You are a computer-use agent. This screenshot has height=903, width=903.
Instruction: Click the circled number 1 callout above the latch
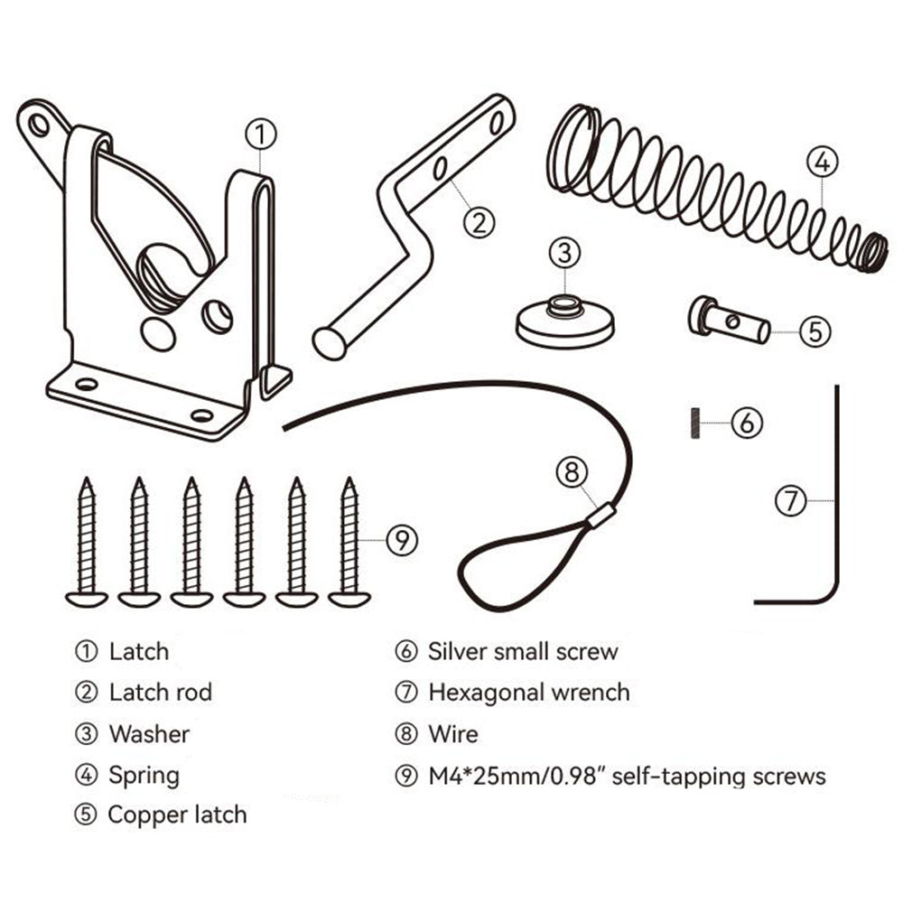tap(260, 135)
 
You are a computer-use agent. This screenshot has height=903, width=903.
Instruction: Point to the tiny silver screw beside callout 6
tap(695, 423)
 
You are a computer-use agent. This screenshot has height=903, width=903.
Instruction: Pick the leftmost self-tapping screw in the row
tap(87, 542)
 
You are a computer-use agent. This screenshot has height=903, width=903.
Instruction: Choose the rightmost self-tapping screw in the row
tap(349, 542)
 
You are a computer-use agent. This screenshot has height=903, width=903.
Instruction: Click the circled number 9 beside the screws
tap(402, 540)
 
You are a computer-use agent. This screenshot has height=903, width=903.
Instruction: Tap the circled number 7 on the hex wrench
tap(791, 499)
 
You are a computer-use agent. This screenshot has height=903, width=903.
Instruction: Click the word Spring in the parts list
tap(144, 775)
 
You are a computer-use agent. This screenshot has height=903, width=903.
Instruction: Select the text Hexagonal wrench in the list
tap(528, 693)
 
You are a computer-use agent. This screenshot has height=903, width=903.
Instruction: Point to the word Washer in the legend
tap(149, 733)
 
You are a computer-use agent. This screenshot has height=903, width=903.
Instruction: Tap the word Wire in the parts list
tap(452, 733)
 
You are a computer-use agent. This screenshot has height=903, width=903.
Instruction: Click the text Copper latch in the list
tap(177, 815)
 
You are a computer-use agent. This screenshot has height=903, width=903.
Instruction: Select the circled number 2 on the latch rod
tap(479, 219)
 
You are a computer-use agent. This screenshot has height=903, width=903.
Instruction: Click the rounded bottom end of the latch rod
tap(329, 344)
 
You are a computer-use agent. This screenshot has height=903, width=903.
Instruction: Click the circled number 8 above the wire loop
tap(572, 471)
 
